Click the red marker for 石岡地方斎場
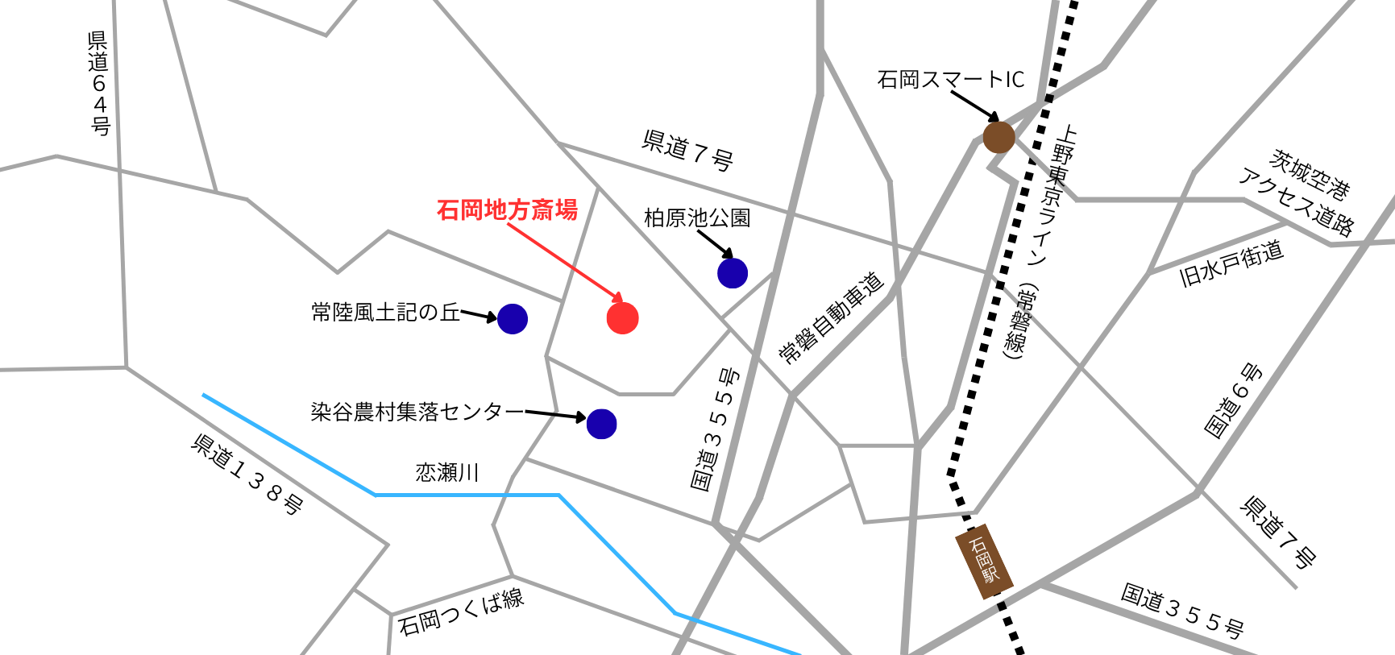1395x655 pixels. point(622,318)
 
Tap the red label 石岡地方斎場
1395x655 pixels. point(507,210)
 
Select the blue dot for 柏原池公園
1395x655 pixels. point(733,273)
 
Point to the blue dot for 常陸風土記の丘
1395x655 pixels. point(513,319)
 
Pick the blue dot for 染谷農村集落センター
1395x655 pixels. point(601,424)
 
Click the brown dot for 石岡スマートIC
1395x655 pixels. point(999,138)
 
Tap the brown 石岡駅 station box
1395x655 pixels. point(984,561)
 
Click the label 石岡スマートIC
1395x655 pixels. point(950,80)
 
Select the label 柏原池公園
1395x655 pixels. point(697,218)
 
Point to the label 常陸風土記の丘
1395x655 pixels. point(385,312)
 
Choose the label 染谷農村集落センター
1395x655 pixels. point(417,412)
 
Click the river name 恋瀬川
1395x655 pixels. point(447,472)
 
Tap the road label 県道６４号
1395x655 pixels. point(98,83)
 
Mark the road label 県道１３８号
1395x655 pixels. point(247,474)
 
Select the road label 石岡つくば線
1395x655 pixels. point(461,611)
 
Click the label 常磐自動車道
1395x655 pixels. point(831,317)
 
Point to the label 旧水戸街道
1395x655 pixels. point(1231,263)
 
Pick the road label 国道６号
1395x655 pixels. point(1233,400)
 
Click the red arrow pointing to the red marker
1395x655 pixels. point(564,263)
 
